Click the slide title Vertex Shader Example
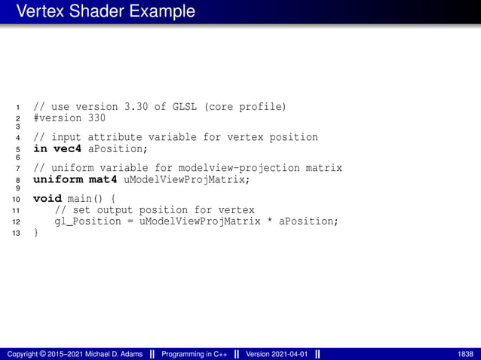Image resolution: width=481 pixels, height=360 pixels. [106, 12]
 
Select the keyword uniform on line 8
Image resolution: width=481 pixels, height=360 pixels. [58, 180]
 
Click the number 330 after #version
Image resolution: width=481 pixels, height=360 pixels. [96, 118]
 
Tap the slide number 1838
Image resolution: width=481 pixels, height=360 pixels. [465, 354]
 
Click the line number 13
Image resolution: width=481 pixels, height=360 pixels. [17, 233]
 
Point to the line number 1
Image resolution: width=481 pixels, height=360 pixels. [18, 108]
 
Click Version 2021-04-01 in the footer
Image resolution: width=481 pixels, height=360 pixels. [277, 354]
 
